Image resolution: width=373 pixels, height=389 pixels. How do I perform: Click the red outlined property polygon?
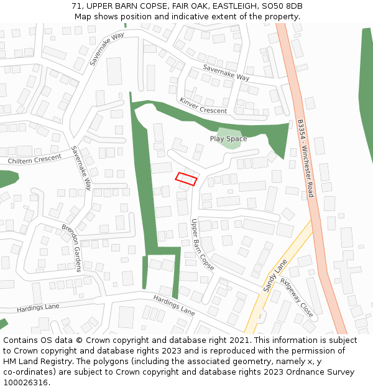point(186,179)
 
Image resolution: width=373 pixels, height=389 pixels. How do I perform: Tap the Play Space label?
point(228,139)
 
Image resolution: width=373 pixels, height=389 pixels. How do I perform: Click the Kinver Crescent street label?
point(203,106)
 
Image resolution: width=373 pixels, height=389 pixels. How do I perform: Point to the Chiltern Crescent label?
point(35,159)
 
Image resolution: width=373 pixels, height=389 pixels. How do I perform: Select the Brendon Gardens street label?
point(71,248)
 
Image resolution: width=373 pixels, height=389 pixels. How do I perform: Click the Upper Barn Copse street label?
point(203,244)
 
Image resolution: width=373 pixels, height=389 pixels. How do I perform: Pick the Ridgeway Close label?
point(297,297)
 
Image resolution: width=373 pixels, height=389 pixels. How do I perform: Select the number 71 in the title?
point(76,6)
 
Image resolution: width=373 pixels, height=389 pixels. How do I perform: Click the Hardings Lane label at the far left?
point(38,307)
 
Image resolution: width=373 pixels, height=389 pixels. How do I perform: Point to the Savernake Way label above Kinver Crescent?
point(226,73)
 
